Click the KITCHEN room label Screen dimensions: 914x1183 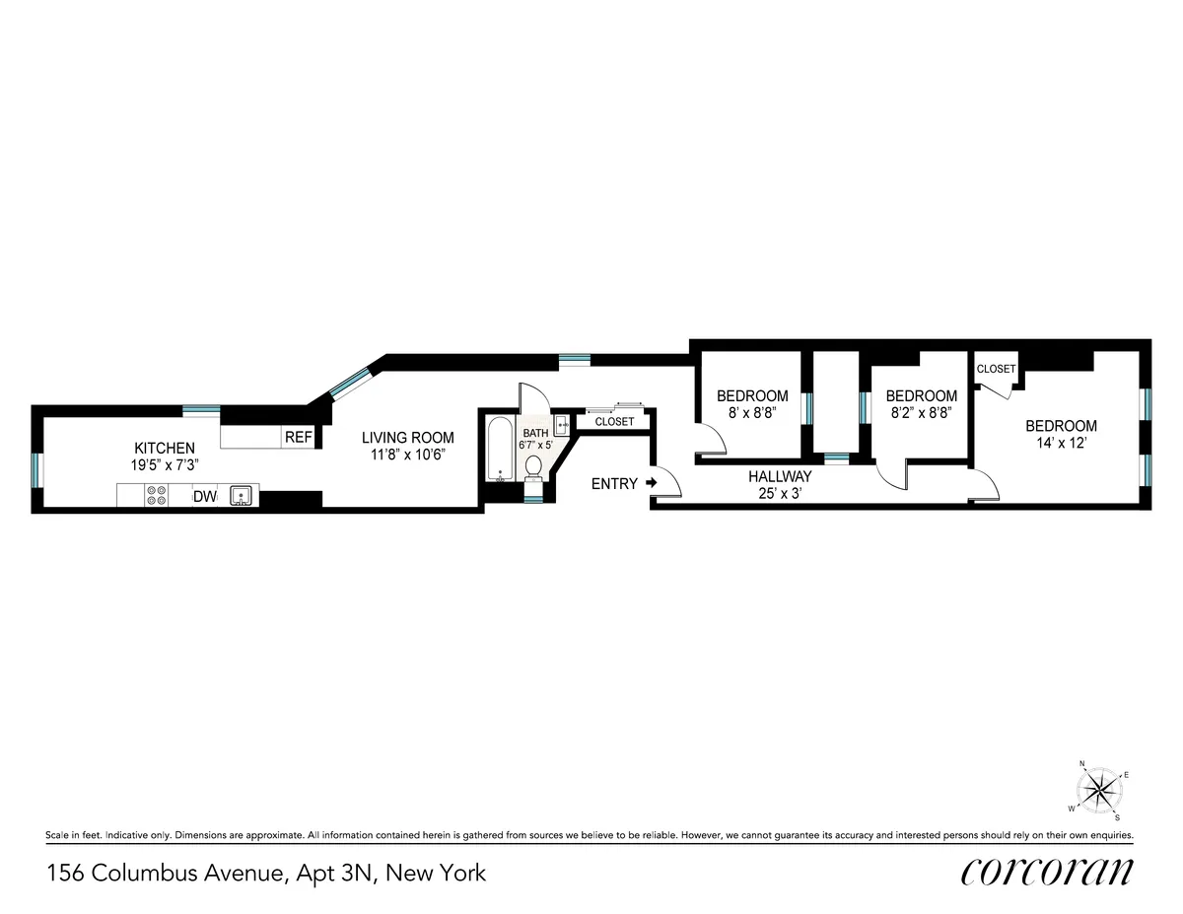tap(165, 448)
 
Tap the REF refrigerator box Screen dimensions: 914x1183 tap(297, 437)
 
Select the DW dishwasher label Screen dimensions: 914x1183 tap(204, 497)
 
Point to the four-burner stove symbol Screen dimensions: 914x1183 tap(156, 495)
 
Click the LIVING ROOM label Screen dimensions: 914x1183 tap(407, 438)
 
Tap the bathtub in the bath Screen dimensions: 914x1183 tap(500, 450)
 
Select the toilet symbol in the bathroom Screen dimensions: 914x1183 tap(534, 466)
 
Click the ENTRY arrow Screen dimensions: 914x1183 tap(651, 483)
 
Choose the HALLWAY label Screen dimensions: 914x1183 tap(780, 476)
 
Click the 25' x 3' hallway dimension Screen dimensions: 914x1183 tap(780, 493)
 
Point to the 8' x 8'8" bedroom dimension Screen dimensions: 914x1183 tap(752, 414)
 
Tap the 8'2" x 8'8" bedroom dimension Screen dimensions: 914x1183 tap(921, 414)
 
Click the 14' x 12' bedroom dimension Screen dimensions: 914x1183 tap(1061, 444)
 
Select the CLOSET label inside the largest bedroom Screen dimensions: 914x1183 tap(996, 369)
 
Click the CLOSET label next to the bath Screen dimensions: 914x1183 tap(614, 421)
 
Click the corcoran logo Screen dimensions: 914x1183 tap(1046, 872)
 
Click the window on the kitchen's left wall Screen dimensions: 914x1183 tap(36, 470)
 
